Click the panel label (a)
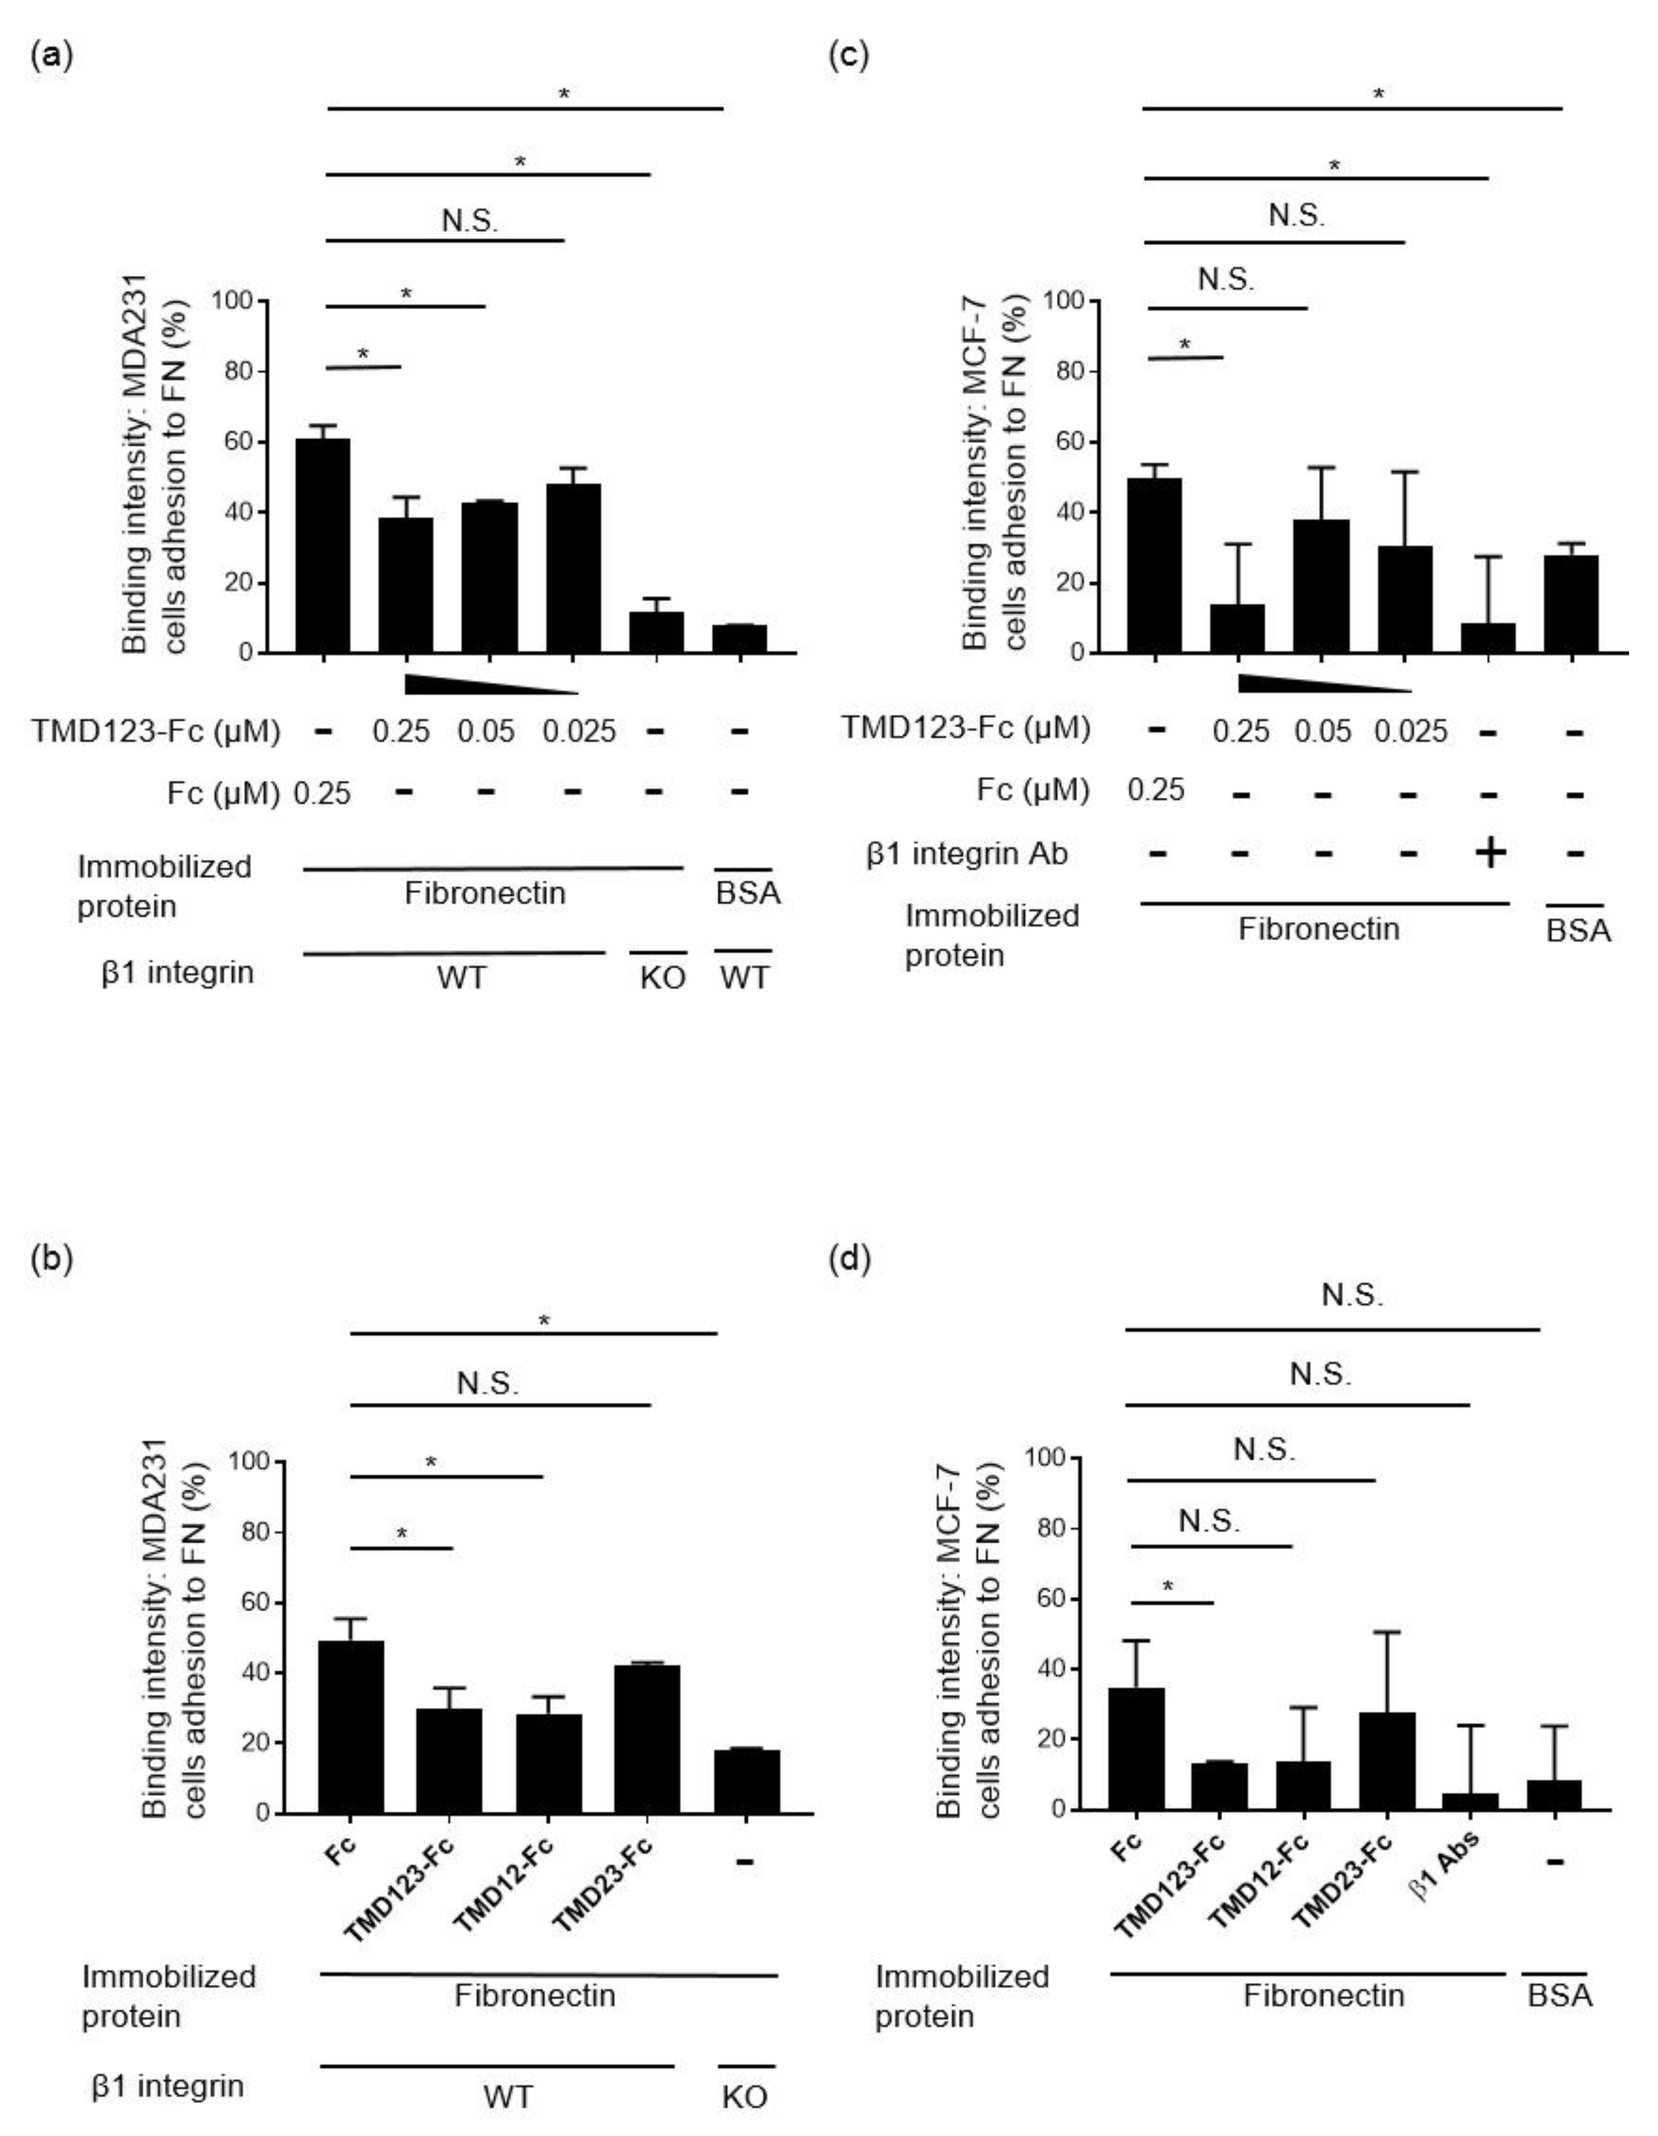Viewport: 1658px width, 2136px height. [51, 56]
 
